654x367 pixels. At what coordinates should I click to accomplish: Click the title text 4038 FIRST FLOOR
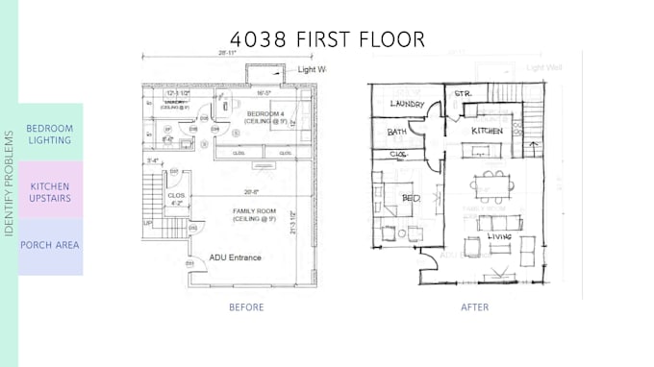coord(327,39)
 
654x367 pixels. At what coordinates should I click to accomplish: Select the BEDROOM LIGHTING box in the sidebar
coord(49,134)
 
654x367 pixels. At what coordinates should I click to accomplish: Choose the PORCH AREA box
coord(49,245)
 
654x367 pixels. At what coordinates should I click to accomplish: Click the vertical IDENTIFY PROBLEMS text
coord(9,183)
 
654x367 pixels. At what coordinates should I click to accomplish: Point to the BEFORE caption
coord(246,307)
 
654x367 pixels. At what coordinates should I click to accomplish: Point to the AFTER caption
coord(474,307)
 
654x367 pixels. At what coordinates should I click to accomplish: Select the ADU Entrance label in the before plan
coord(238,257)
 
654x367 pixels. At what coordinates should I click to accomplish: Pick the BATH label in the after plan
coord(397,132)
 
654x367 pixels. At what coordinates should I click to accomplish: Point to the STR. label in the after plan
coord(463,94)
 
